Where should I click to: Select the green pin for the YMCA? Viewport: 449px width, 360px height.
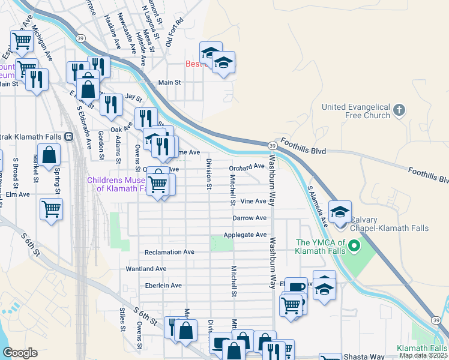pos(355,246)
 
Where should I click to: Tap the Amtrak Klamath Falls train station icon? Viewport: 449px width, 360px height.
pos(68,136)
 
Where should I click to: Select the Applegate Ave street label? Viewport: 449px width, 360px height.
pos(245,235)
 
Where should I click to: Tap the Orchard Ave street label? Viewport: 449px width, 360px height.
pos(247,167)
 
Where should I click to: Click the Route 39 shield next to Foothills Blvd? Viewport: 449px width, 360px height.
pos(273,146)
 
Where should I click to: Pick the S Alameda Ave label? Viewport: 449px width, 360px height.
pos(318,205)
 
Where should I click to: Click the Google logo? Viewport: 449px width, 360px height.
pos(20,353)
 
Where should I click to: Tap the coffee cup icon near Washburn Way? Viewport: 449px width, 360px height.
pos(296,287)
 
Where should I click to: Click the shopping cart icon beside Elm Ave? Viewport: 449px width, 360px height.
pos(51,209)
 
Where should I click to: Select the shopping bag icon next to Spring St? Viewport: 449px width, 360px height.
pos(49,155)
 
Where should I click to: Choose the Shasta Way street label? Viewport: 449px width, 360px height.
pos(363,356)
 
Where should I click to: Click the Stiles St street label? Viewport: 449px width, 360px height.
pos(122,319)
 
